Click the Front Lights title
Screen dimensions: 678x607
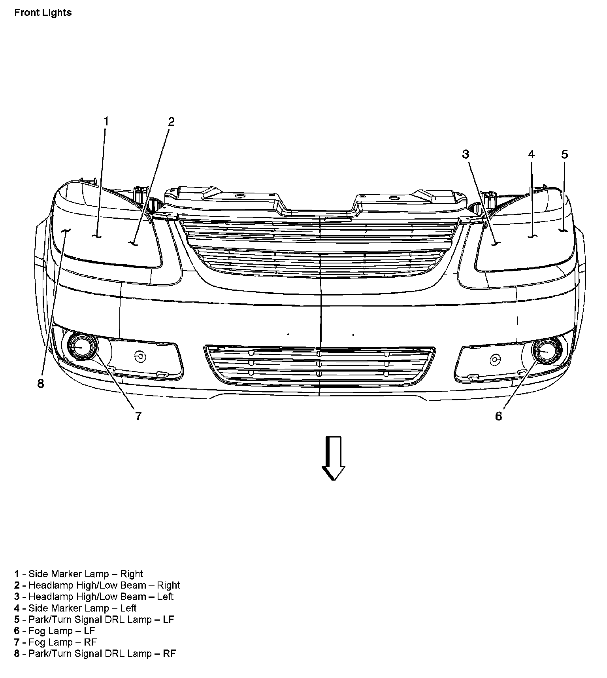[43, 12]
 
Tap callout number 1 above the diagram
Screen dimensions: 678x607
[106, 121]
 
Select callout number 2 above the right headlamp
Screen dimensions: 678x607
[171, 122]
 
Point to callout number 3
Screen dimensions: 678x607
[466, 154]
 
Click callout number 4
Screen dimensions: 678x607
[531, 154]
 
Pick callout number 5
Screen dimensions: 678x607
[564, 154]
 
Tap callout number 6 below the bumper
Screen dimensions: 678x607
[498, 416]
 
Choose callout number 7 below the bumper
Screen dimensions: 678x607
[138, 416]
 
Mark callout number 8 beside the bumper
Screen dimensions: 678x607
[41, 383]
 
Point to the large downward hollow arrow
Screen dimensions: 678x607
[333, 458]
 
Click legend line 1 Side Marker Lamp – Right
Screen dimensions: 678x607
[79, 574]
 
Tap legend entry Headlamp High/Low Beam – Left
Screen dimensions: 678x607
[94, 597]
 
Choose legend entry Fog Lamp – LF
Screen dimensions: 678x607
[55, 631]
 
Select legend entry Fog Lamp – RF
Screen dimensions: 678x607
[56, 642]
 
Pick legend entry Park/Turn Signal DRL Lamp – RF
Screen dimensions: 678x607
[95, 654]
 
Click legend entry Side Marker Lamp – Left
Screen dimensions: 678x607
[75, 608]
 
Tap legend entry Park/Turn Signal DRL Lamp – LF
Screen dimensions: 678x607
[94, 619]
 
